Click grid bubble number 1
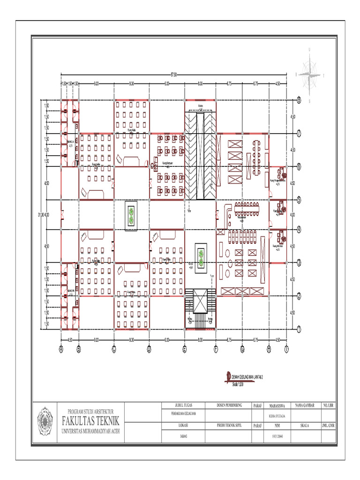[299, 329]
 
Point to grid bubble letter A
[61, 348]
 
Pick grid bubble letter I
[287, 348]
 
